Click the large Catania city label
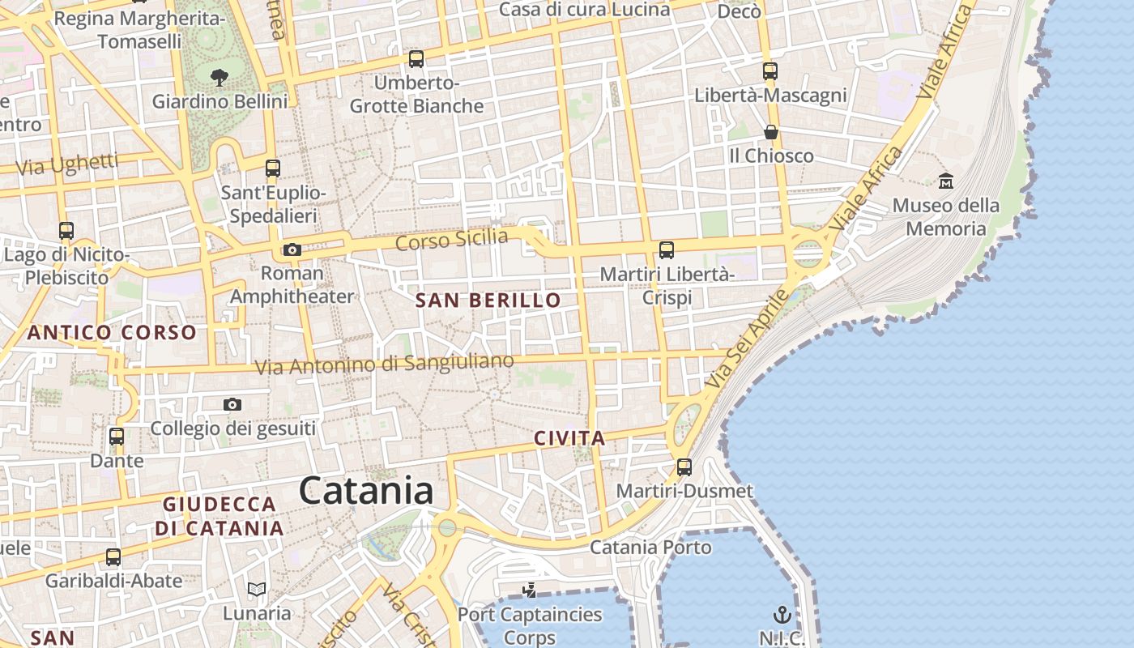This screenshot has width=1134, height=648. (x=366, y=491)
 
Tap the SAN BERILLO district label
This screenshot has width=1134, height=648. (x=488, y=301)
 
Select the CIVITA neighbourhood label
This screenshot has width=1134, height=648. (x=569, y=439)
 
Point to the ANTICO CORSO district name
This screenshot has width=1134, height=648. (x=112, y=332)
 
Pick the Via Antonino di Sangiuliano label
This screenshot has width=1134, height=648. (x=384, y=364)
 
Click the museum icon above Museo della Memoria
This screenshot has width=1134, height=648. (x=945, y=181)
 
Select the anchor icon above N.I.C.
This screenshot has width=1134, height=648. (x=782, y=614)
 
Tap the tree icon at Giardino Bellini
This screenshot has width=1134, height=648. (x=219, y=78)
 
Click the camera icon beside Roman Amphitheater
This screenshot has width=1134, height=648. (x=292, y=249)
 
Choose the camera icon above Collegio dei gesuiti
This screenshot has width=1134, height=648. (x=232, y=404)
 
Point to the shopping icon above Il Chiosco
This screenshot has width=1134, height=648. (x=771, y=131)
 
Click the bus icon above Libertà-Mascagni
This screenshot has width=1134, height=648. (x=770, y=71)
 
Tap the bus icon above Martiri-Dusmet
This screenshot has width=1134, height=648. (x=684, y=467)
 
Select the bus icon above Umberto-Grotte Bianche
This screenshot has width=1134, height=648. (x=416, y=59)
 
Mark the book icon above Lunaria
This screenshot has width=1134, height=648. (x=257, y=590)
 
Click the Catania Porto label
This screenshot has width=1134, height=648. (x=650, y=548)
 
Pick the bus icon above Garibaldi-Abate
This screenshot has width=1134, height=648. (x=113, y=557)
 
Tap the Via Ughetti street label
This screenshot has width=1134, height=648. (x=67, y=164)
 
